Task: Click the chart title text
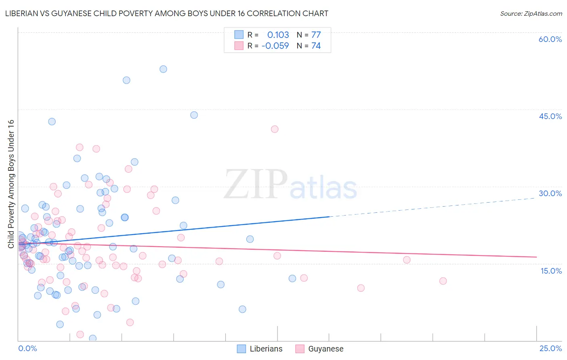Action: tap(167, 13)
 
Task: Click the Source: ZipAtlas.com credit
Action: tap(531, 13)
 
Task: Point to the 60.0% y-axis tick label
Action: tap(550, 39)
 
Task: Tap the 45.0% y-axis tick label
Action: tap(550, 116)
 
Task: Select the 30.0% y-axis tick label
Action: tap(550, 193)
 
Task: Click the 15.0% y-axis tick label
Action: tap(551, 271)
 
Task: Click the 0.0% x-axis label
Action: tap(27, 348)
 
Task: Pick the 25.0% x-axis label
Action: tap(550, 348)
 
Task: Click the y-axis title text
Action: tap(11, 184)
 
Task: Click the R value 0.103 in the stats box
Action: tap(278, 35)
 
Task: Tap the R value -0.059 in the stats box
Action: tap(275, 46)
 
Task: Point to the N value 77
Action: tap(316, 35)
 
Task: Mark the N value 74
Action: tap(316, 46)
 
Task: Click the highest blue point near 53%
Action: tap(163, 69)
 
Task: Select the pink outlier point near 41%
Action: tap(275, 129)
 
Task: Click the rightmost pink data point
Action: tap(443, 281)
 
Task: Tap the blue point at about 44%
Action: tap(194, 115)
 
